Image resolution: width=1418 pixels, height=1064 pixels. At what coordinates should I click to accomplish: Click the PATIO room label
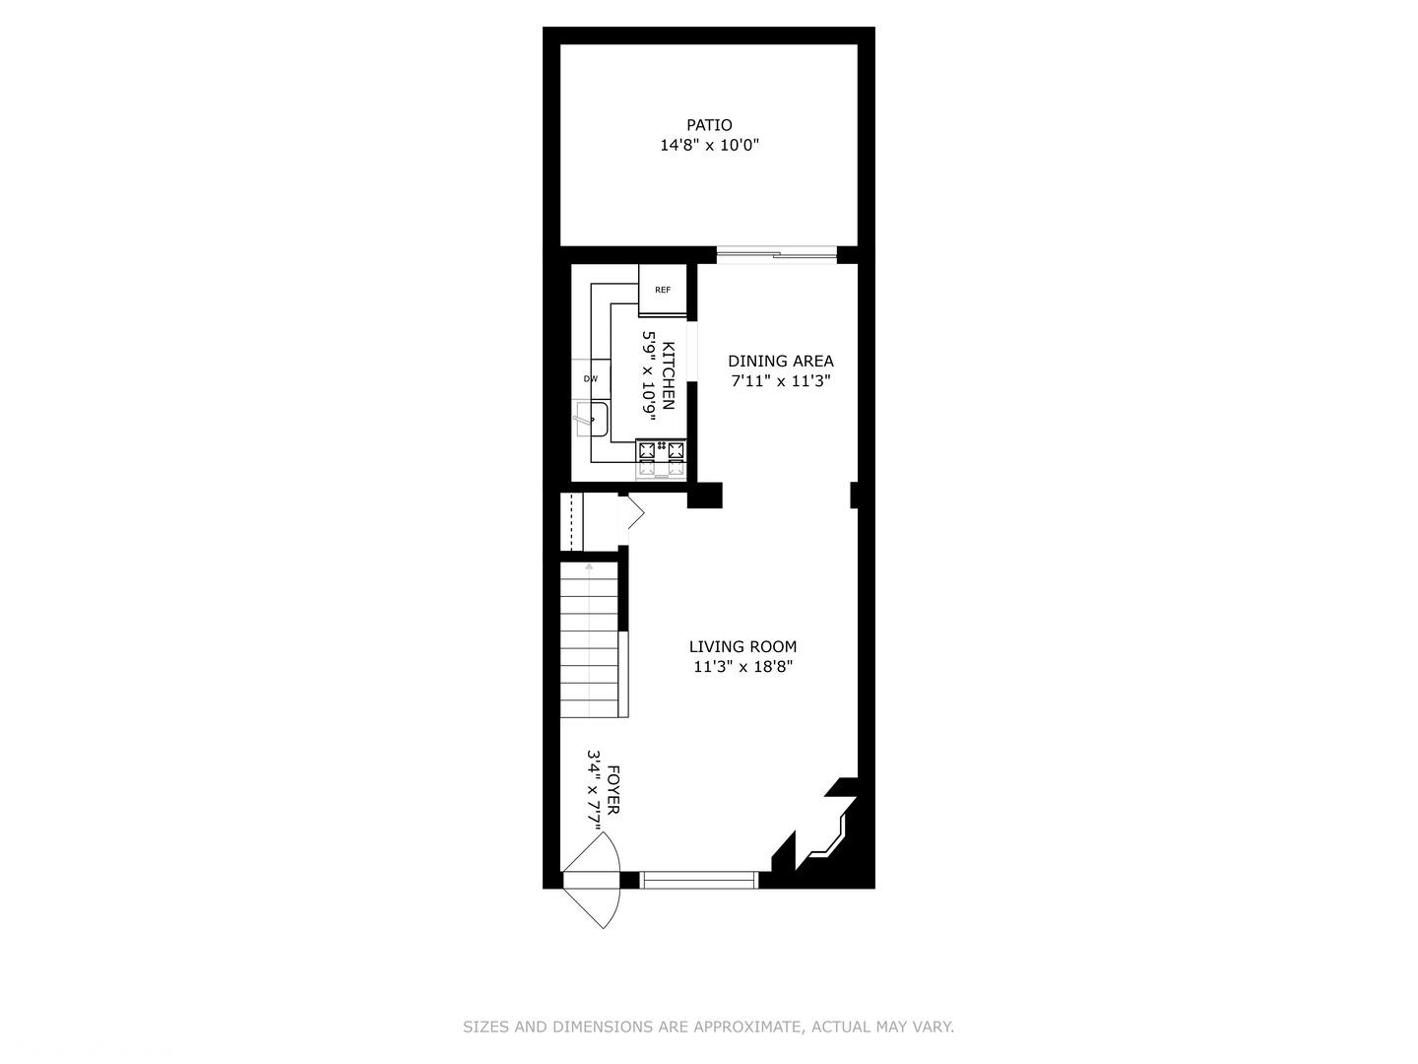tap(709, 125)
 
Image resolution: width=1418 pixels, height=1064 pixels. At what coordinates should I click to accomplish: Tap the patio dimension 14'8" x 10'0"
tap(709, 146)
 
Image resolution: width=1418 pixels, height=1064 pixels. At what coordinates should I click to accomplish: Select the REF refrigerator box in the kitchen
tap(663, 290)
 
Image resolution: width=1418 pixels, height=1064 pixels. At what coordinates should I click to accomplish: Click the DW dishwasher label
tap(591, 378)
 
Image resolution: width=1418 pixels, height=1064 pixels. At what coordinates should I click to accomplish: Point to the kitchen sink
tap(593, 421)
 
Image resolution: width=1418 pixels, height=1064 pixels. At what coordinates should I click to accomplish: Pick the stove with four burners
tap(662, 458)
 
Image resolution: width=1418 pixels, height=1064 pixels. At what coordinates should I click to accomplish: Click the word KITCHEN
tap(669, 375)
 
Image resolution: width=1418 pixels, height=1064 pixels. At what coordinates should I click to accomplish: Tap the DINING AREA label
tap(780, 361)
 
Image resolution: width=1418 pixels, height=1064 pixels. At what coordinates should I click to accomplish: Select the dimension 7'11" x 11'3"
tap(780, 381)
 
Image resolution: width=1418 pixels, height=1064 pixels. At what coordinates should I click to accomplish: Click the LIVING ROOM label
tap(742, 646)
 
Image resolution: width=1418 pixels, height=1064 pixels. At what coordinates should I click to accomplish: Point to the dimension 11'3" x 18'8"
tap(742, 667)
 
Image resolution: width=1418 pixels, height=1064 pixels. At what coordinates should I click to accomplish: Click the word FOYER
tap(613, 790)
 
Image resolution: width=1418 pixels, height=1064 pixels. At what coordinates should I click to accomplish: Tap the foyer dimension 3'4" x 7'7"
tap(594, 790)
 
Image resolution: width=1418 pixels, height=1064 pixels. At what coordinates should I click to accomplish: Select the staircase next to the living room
tap(589, 640)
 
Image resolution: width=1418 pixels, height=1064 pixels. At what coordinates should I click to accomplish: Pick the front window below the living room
tap(699, 880)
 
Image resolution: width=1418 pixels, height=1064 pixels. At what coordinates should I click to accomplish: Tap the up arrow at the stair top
tap(589, 567)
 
